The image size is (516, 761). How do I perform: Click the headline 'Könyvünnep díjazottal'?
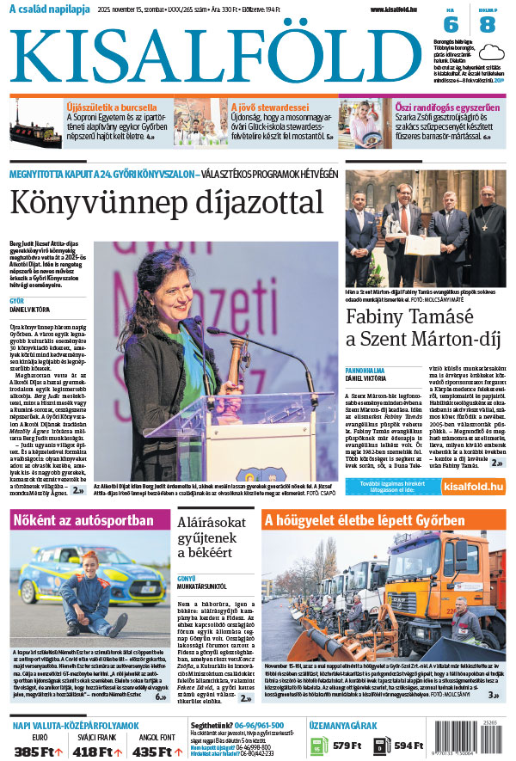pyautogui.click(x=166, y=202)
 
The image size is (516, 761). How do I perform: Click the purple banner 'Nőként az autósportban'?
pyautogui.click(x=84, y=521)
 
